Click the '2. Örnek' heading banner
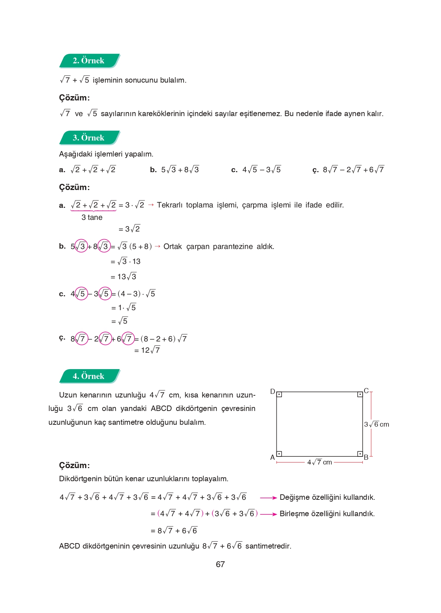click(x=89, y=61)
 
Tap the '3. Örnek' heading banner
click(x=89, y=138)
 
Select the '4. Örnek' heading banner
click(x=89, y=376)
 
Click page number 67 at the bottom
click(x=220, y=564)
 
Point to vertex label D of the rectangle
click(x=272, y=391)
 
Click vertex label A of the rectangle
click(x=272, y=457)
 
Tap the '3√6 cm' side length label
click(x=376, y=424)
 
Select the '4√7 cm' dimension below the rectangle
click(x=319, y=462)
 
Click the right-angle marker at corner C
click(x=360, y=395)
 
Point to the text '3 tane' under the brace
click(x=92, y=217)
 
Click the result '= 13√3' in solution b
click(x=123, y=277)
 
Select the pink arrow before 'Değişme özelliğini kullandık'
click(x=268, y=498)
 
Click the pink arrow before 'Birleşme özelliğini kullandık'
click(x=268, y=514)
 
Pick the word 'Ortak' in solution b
click(x=173, y=246)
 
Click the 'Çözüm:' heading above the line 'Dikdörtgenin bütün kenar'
click(x=74, y=465)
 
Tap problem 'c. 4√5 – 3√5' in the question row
click(x=256, y=170)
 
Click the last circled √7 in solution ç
click(x=128, y=339)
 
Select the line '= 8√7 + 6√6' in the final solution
click(x=174, y=531)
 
